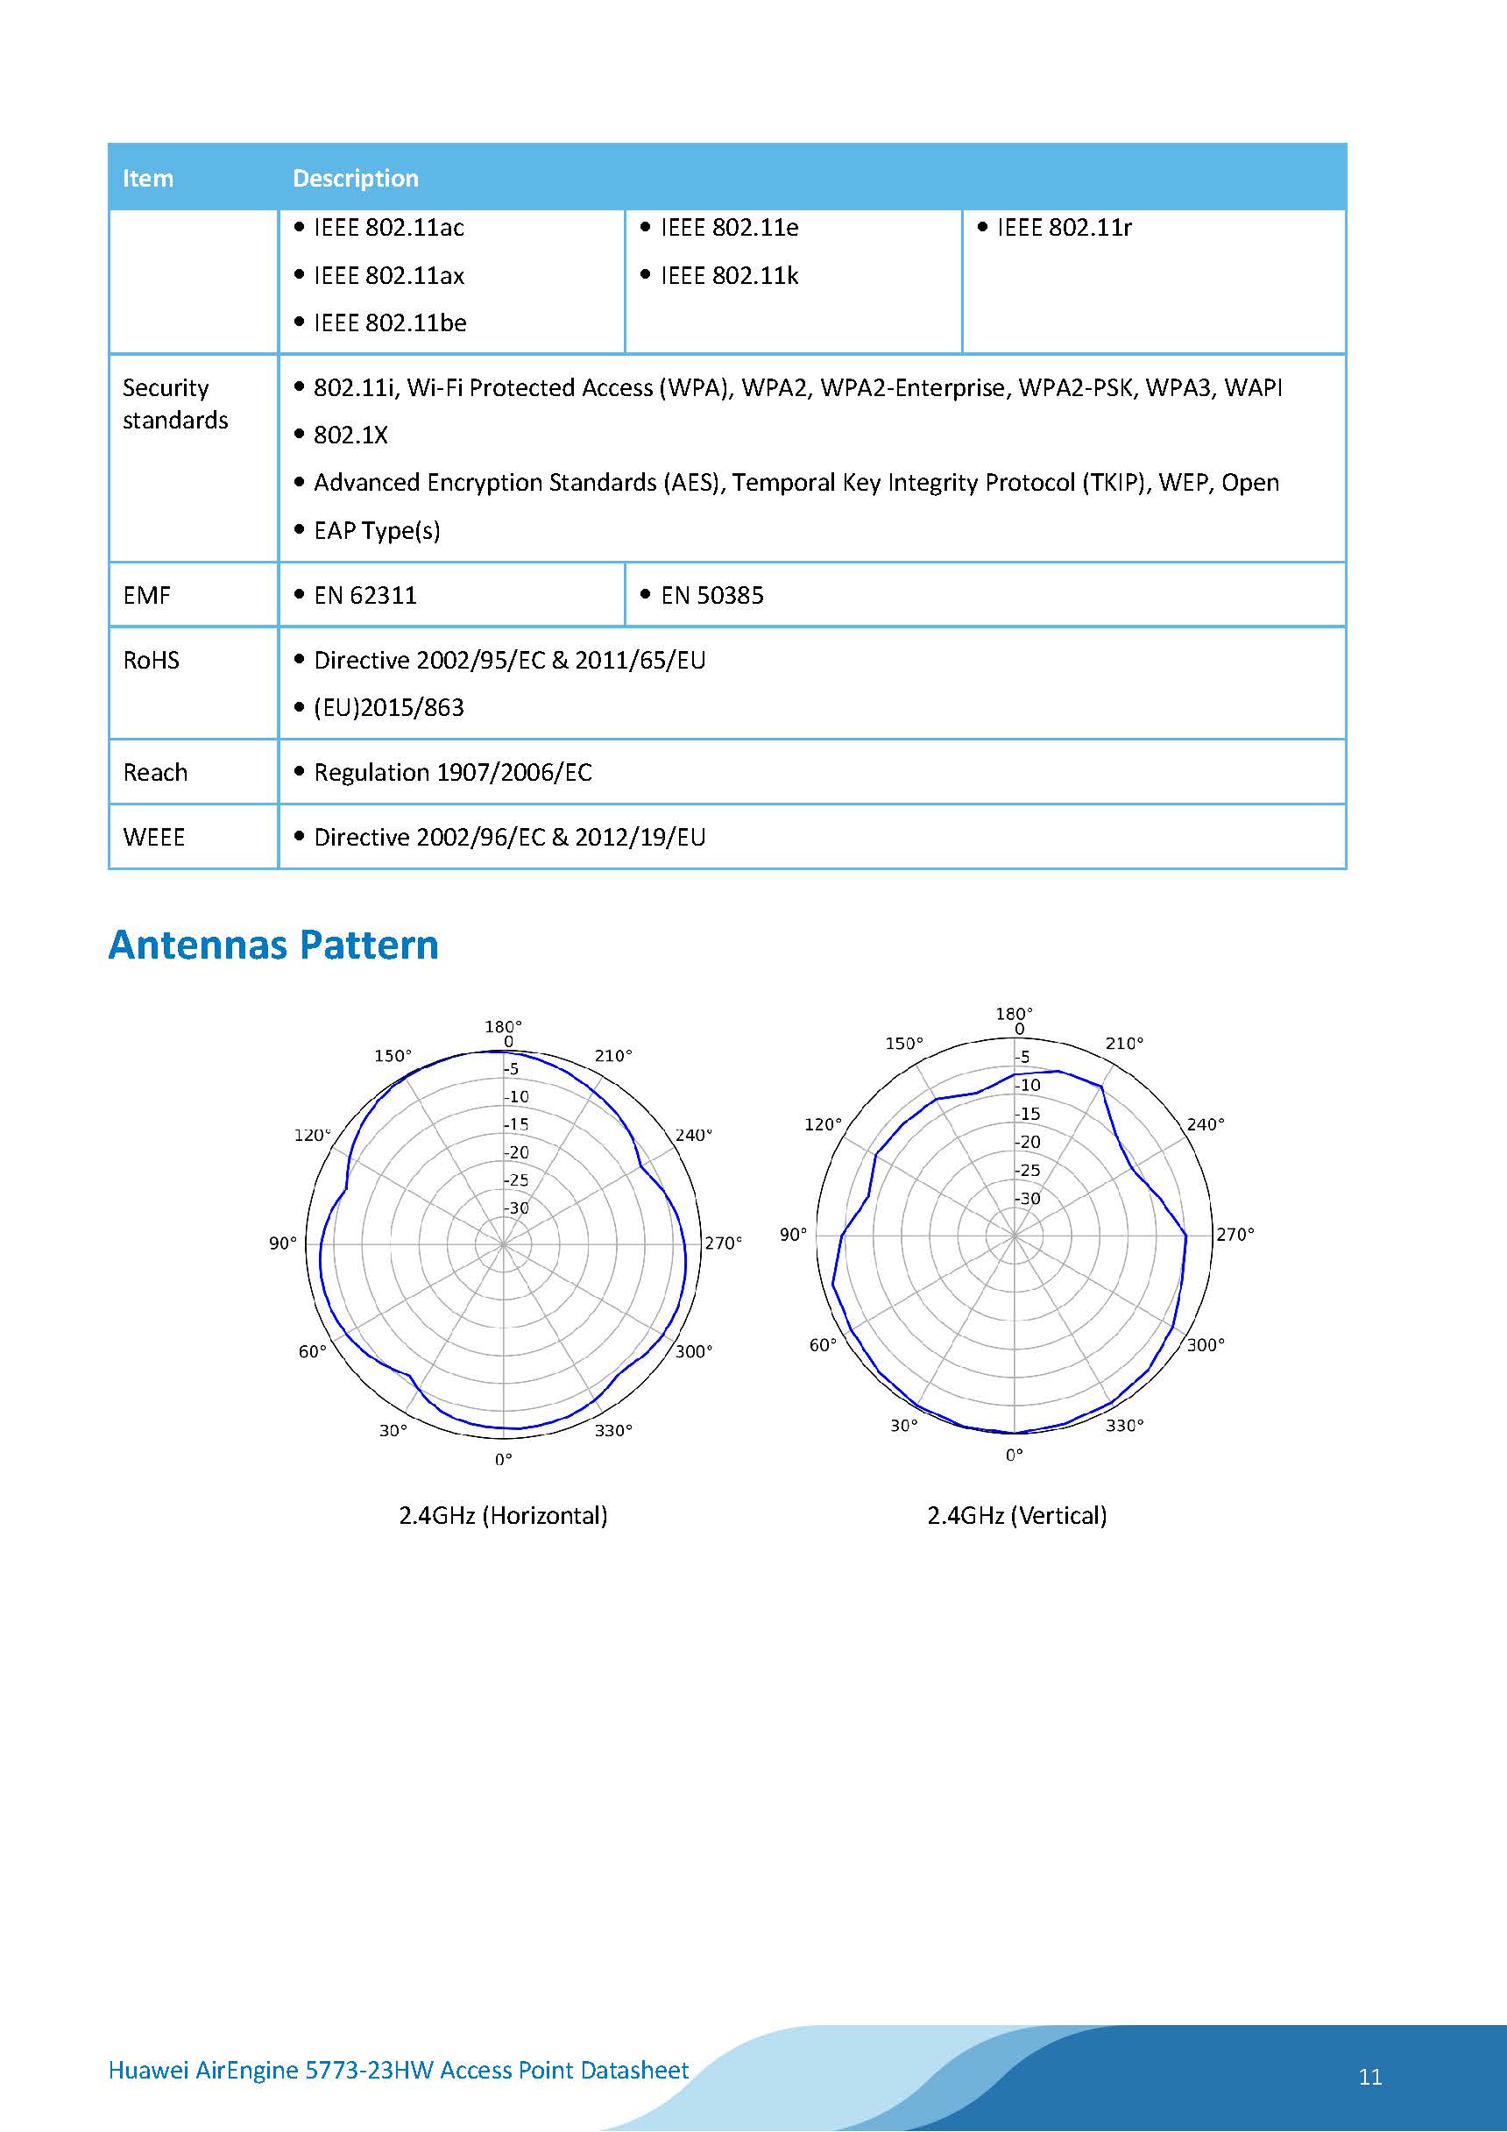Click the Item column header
point(148,178)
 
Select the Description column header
point(355,178)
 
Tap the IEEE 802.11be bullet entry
point(389,323)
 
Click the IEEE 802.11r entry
point(1063,228)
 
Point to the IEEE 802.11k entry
point(729,276)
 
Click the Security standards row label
point(174,404)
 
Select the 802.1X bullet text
point(350,436)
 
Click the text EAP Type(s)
point(376,530)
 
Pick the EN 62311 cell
point(364,595)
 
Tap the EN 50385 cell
point(711,595)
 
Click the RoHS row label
point(151,660)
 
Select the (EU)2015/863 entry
point(388,707)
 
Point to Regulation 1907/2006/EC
point(452,773)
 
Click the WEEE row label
point(153,838)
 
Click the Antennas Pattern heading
point(273,945)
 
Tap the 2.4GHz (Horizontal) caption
point(503,1516)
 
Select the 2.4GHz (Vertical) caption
point(1016,1516)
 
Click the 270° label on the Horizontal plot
point(722,1243)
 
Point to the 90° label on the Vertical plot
point(793,1235)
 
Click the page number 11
point(1369,2076)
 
